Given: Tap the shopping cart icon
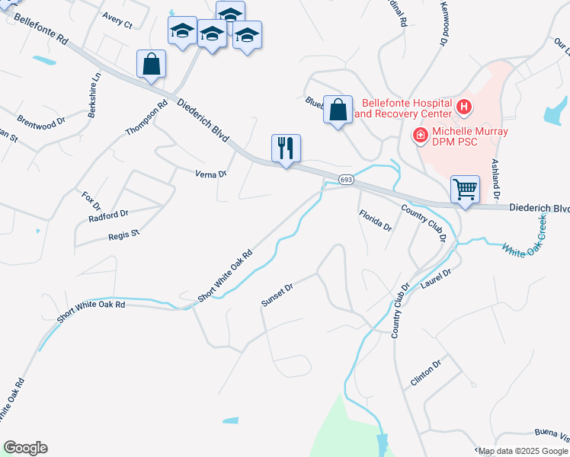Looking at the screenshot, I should [x=465, y=188].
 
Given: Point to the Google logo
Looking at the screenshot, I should [x=25, y=448].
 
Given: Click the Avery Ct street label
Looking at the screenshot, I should [x=117, y=21].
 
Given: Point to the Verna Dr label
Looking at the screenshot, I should [x=213, y=174].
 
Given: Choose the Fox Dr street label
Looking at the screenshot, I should [x=91, y=201].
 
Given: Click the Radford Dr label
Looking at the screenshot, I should [x=108, y=216].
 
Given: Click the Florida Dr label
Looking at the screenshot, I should [x=375, y=221].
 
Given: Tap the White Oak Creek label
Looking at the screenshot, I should [x=524, y=238].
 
